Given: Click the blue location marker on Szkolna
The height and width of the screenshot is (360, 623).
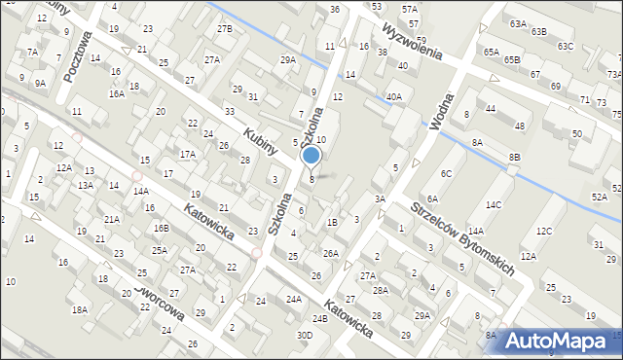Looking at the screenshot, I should [x=311, y=156].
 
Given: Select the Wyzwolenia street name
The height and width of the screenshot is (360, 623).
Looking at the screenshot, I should [x=413, y=38].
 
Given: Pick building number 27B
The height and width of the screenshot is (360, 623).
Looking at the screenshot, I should [x=225, y=29].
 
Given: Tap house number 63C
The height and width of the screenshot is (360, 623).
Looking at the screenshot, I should [x=566, y=46].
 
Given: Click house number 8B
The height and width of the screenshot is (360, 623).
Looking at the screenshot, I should [x=514, y=157].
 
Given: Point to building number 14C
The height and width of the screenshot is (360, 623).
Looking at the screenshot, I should [x=494, y=204].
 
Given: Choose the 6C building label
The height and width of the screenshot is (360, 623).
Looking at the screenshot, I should [x=446, y=173].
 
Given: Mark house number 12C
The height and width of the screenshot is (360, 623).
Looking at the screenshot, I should [x=543, y=231].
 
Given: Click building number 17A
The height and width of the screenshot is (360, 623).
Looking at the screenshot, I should [x=187, y=154].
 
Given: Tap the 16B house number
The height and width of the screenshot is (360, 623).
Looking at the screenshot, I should [x=161, y=228].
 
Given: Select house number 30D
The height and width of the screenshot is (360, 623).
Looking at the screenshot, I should [x=306, y=335].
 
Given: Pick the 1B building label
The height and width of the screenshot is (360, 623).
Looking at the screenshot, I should [x=332, y=222].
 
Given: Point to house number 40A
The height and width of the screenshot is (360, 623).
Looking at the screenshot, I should [x=393, y=96].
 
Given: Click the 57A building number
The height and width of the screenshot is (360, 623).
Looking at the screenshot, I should [x=410, y=9].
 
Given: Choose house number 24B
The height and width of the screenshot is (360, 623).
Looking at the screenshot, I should [x=319, y=318].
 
